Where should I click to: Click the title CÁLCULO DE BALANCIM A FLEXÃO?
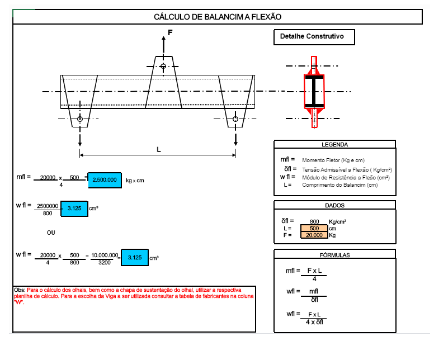pyautogui.click(x=217, y=17)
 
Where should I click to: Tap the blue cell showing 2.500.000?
pyautogui.click(x=105, y=179)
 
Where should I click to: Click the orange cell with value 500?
pyautogui.click(x=314, y=228)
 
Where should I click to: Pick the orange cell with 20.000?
pyautogui.click(x=314, y=235)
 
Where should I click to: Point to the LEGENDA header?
pyautogui.click(x=334, y=144)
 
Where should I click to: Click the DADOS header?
pyautogui.click(x=334, y=205)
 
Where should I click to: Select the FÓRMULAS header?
pyautogui.click(x=334, y=255)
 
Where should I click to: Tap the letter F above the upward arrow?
pyautogui.click(x=170, y=34)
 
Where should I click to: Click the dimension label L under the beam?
pyautogui.click(x=158, y=150)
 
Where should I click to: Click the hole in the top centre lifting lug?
pyautogui.click(x=163, y=67)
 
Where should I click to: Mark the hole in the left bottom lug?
pyautogui.click(x=80, y=119)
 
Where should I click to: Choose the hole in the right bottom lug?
pyautogui.click(x=235, y=119)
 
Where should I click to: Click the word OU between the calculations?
pyautogui.click(x=51, y=232)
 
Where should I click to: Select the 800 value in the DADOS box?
pyautogui.click(x=314, y=221)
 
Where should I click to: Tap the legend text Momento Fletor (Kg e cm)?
pyautogui.click(x=333, y=160)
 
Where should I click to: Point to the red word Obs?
pyautogui.click(x=20, y=290)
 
